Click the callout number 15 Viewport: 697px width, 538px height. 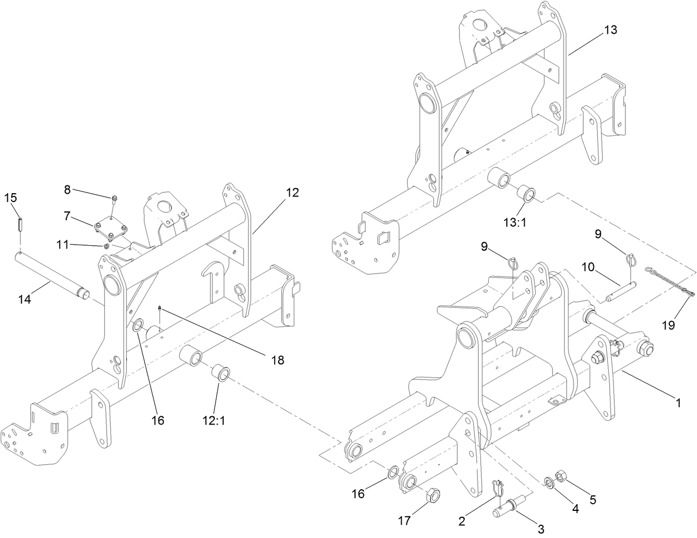[x=11, y=198]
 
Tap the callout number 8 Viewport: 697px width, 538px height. [x=67, y=189]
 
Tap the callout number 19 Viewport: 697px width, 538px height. [x=668, y=325]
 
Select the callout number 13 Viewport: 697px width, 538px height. [x=609, y=30]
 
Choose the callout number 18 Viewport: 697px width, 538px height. [x=278, y=360]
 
